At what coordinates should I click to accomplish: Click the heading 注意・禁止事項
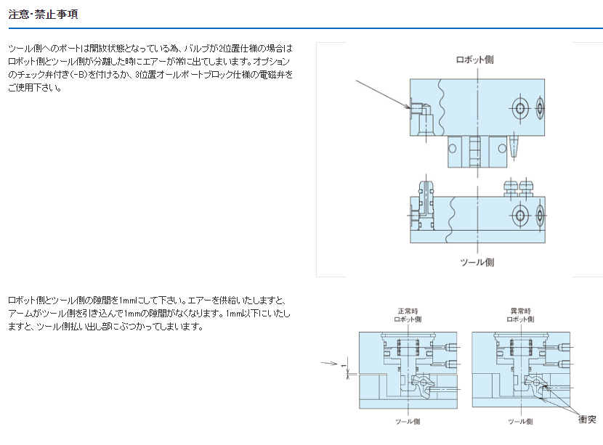point(43,14)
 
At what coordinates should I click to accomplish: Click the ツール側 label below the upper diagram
point(477,262)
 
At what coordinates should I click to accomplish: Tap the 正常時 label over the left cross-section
point(408,311)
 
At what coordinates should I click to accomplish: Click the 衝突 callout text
point(587,419)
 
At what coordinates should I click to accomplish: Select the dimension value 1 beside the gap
point(343,366)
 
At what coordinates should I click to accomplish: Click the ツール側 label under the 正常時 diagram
point(408,421)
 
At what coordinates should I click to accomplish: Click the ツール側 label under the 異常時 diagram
point(521,421)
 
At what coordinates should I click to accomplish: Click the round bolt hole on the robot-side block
point(521,109)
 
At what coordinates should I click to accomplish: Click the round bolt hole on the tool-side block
point(521,215)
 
